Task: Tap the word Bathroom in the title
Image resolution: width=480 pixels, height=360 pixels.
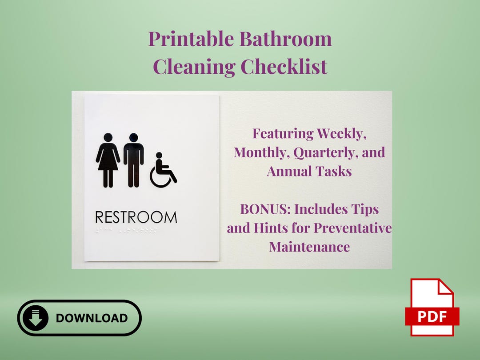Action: point(286,39)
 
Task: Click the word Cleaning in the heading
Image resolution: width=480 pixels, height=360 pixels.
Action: point(194,67)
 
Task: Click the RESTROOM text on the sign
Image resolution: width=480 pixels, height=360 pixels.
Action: point(136,217)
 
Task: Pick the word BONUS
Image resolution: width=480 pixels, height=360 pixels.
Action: point(265,209)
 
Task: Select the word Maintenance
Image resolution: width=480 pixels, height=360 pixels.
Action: point(309,247)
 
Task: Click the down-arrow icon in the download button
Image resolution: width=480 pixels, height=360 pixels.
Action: point(36,318)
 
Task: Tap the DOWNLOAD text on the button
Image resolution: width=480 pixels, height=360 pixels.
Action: point(92,318)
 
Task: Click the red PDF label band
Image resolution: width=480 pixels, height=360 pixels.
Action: point(432,316)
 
